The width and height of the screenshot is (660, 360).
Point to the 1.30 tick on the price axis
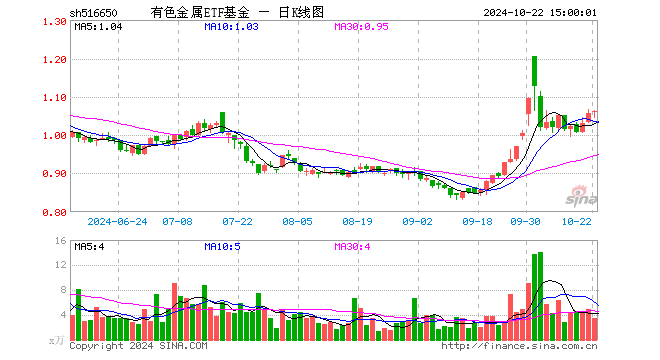coord(55,22)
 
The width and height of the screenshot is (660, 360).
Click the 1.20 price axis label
coord(55,60)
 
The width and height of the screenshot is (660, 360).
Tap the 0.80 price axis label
coord(55,212)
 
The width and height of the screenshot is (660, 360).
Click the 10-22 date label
coord(579,220)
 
